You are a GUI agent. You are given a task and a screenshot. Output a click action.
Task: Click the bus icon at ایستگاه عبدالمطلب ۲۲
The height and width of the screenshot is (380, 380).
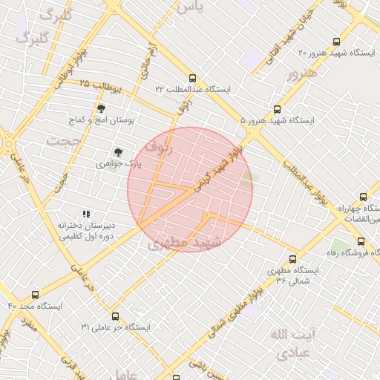[193, 77]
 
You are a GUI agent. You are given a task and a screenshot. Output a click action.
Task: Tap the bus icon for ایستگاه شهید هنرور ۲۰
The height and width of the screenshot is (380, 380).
[337, 42]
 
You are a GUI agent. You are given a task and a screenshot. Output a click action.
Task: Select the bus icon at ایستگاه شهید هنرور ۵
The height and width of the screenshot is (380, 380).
[278, 108]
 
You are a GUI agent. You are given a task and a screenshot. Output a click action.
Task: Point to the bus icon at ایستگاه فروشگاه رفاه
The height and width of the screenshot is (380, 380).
[361, 241]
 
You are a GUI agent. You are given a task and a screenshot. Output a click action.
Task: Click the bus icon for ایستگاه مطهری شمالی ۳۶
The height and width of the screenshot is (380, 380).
[292, 260]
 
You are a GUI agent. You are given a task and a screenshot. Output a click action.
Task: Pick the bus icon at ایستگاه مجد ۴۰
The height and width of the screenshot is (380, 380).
[36, 295]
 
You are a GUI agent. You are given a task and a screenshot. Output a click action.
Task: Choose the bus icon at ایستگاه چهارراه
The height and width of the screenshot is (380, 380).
[363, 197]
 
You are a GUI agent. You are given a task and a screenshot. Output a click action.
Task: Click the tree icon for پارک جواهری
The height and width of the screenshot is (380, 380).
[118, 151]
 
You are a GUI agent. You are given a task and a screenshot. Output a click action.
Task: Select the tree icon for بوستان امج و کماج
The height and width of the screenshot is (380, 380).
[102, 108]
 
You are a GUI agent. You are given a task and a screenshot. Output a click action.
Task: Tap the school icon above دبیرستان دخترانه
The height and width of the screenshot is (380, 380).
[86, 214]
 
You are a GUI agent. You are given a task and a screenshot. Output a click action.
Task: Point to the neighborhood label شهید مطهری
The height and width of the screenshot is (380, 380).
[185, 243]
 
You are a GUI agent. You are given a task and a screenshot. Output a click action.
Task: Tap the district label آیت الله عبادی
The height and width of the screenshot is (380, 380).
[294, 343]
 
